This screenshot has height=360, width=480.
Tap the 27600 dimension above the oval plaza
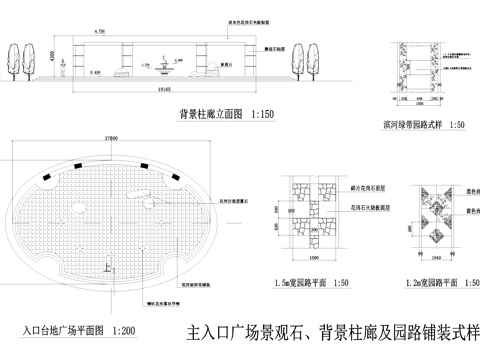pyautogui.click(x=111, y=138)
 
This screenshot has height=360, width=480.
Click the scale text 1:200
pyautogui.click(x=124, y=328)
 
